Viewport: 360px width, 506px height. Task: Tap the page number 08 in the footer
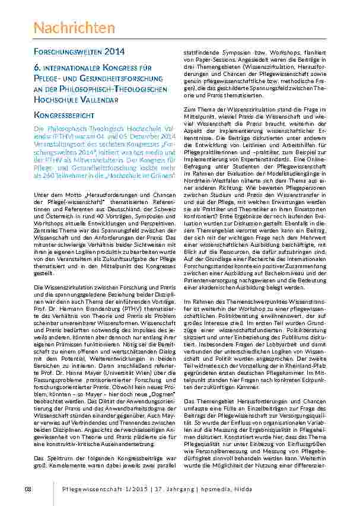pos(27,488)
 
